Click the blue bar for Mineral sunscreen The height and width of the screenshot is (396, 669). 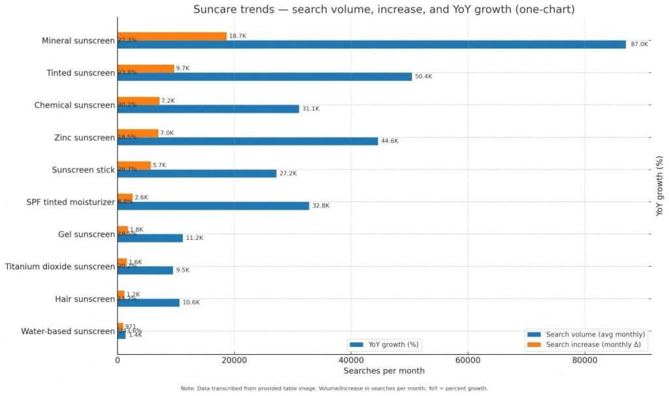tap(371, 44)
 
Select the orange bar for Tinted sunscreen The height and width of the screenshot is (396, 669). tap(146, 69)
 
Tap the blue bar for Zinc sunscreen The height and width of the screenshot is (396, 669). tap(248, 141)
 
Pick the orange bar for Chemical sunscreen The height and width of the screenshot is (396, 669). tap(139, 101)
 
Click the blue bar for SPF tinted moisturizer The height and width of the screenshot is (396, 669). tap(213, 206)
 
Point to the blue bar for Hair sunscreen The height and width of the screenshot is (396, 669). tap(148, 303)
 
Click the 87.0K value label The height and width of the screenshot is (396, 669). tap(639, 44)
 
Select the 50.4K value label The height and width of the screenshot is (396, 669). tap(423, 76)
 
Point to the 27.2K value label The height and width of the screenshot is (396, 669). tap(288, 174)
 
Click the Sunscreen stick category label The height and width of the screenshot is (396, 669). tap(83, 170)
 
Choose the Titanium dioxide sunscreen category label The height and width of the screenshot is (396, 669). tap(59, 267)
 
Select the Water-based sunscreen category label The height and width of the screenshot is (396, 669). tap(67, 331)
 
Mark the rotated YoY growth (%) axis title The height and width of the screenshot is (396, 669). tap(660, 186)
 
